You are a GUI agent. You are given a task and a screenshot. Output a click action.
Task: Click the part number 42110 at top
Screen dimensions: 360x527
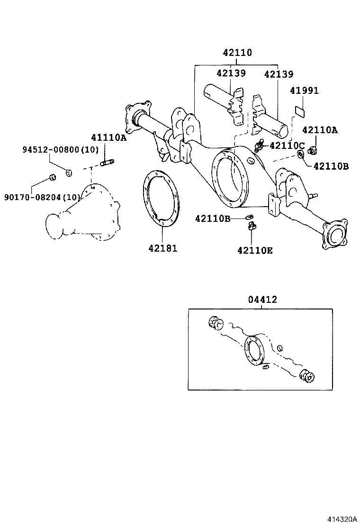(237, 53)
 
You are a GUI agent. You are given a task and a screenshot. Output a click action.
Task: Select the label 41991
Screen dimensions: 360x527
(304, 91)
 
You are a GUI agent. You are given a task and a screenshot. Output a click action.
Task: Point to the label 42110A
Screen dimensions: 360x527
(320, 130)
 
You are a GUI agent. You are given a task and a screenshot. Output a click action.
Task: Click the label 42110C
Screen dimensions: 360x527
(287, 145)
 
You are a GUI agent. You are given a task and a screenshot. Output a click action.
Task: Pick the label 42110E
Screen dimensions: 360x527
(255, 250)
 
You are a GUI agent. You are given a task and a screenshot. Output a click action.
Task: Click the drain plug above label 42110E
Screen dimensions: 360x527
(251, 226)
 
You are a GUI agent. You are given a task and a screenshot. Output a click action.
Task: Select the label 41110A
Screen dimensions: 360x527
(109, 137)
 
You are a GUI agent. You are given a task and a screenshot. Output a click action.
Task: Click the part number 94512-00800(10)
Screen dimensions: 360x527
(61, 150)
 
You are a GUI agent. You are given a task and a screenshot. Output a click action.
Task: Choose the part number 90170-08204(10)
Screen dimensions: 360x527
(42, 197)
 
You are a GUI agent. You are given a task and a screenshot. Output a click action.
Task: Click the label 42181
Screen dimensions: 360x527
(162, 248)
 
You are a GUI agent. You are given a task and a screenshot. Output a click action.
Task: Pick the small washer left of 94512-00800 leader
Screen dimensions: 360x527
(69, 173)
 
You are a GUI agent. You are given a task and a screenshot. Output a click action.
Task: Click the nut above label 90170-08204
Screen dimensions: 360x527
(53, 177)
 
